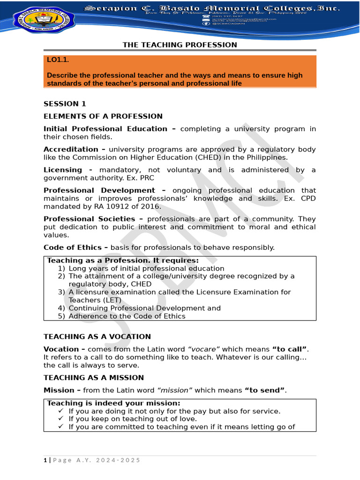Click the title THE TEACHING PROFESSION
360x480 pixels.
[x=180, y=45]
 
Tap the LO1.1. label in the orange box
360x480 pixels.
[x=58, y=60]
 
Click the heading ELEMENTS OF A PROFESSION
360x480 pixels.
[x=103, y=116]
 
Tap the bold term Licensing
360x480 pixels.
[x=63, y=170]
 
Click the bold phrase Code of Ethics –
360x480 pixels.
[x=76, y=247]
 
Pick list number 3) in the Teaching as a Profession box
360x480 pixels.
[x=61, y=292]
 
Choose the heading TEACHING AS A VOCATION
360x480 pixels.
[x=97, y=337]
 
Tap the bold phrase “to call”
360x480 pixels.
[x=290, y=349]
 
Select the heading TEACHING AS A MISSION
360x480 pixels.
[x=93, y=378]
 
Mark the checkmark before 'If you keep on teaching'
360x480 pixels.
[x=61, y=419]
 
